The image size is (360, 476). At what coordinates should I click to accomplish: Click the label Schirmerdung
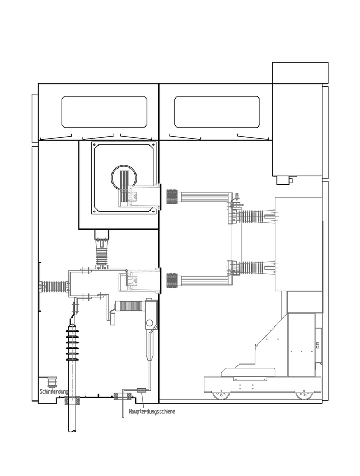[54, 391]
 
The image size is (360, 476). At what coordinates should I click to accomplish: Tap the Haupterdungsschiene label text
[152, 412]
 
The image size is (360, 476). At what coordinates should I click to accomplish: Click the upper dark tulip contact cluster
[172, 197]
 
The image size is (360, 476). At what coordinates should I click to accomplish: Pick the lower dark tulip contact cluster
[172, 280]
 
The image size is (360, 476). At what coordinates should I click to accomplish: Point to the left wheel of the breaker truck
[221, 395]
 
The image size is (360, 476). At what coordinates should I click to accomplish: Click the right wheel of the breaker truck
[303, 395]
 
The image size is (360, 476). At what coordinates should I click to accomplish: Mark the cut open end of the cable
[72, 430]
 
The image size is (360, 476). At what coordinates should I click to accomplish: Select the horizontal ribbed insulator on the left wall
[54, 287]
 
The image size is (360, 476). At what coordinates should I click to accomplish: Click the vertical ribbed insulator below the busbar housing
[102, 253]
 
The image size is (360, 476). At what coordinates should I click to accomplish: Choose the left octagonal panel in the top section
[105, 111]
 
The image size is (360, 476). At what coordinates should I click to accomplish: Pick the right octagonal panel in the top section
[217, 111]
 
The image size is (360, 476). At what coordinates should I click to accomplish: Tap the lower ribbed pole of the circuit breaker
[254, 268]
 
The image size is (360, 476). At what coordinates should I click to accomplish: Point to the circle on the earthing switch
[149, 323]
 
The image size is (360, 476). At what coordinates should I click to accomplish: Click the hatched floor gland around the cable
[72, 400]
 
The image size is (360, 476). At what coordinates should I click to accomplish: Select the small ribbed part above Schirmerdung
[52, 381]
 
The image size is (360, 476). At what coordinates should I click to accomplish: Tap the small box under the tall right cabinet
[284, 180]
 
